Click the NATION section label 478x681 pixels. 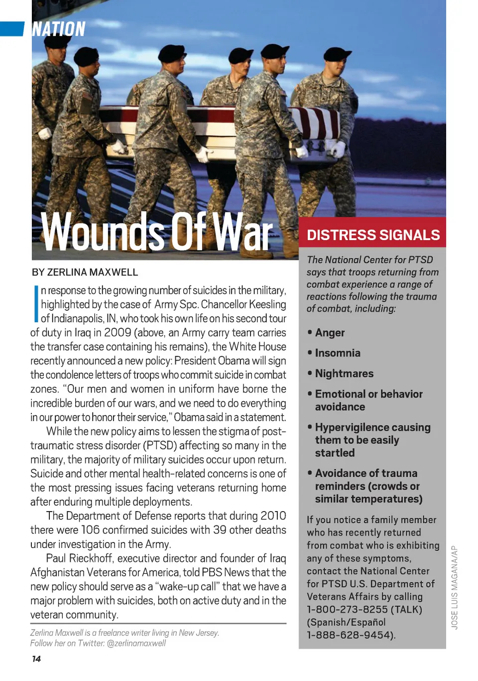pyautogui.click(x=58, y=29)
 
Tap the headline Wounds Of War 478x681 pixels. pyautogui.click(x=157, y=232)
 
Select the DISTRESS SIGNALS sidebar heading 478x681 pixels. pyautogui.click(x=373, y=235)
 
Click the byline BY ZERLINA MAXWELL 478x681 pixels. pyautogui.click(x=85, y=272)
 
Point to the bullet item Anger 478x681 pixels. pyautogui.click(x=330, y=333)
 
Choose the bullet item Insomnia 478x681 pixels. pyautogui.click(x=338, y=353)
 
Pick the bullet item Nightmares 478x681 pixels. pyautogui.click(x=344, y=374)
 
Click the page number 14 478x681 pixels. pyautogui.click(x=36, y=659)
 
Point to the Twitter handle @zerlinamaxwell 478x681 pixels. pyautogui.click(x=136, y=643)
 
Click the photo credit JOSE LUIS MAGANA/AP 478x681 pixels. pyautogui.click(x=455, y=587)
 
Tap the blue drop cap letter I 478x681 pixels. pyautogui.click(x=36, y=303)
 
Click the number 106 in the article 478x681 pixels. pyautogui.click(x=91, y=530)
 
